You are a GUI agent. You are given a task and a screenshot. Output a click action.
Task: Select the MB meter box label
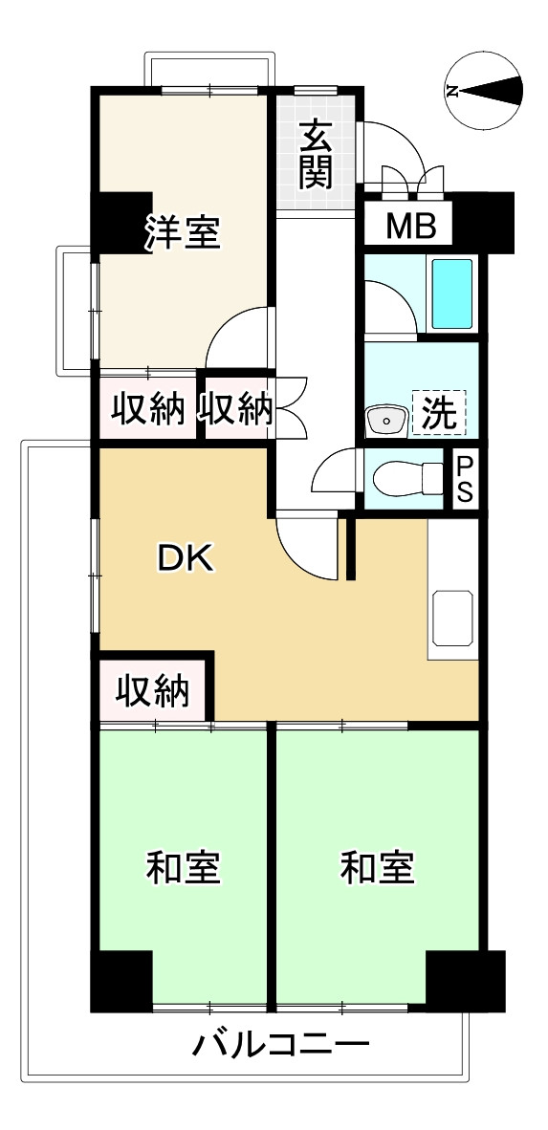(410, 228)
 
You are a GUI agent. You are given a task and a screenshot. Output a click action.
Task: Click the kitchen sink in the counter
(452, 619)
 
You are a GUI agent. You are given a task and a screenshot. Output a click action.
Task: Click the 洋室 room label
(183, 233)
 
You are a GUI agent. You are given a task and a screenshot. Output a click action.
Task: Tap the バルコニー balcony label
(279, 1044)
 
